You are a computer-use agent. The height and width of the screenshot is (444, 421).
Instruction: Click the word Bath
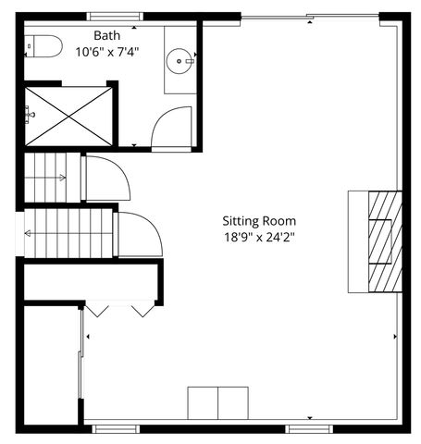[x=106, y=35]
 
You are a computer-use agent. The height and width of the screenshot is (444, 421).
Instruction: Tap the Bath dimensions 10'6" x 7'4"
[x=106, y=52]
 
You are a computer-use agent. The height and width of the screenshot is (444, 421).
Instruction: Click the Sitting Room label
[x=259, y=221]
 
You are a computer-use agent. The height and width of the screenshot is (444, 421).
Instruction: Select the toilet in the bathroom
[x=43, y=44]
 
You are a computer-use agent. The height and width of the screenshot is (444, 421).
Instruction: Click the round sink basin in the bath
[x=180, y=61]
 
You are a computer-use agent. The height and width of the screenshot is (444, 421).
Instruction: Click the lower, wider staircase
[x=67, y=233]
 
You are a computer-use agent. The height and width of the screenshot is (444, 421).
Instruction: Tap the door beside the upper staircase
[x=105, y=179]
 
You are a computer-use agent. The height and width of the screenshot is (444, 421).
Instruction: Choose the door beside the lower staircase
[x=139, y=235]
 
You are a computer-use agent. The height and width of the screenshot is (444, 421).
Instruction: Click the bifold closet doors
[x=119, y=308]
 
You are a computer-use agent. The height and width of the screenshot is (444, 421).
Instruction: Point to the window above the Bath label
[x=116, y=16]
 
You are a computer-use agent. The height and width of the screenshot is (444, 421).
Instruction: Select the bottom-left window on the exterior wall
[x=116, y=428]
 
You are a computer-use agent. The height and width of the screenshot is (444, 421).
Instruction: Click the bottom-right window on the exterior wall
[x=308, y=428]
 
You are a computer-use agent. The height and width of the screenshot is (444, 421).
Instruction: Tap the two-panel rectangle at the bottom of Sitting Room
[x=218, y=403]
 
